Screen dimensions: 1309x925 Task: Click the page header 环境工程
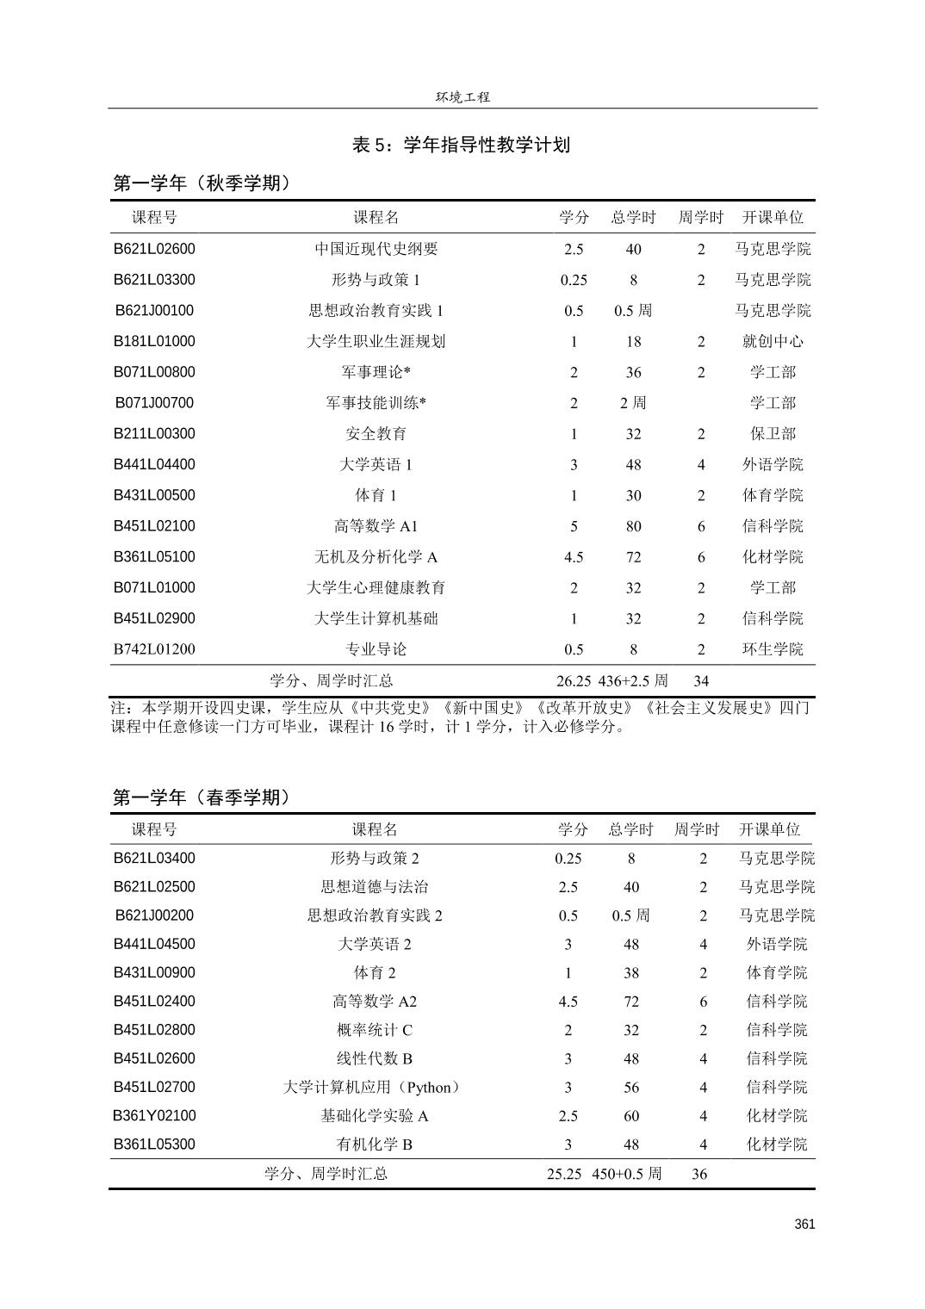[462, 97]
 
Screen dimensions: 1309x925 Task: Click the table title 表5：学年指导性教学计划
[461, 145]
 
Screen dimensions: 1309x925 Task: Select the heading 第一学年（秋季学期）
[202, 183]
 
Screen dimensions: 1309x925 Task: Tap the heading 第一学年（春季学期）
[202, 797]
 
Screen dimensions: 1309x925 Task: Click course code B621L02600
[155, 249]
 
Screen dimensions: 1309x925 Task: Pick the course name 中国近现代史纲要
[376, 249]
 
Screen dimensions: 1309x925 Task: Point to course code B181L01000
[155, 341]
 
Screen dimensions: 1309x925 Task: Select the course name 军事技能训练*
[376, 403]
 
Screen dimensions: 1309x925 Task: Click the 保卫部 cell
[773, 434]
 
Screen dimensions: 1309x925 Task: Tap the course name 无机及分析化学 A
[376, 557]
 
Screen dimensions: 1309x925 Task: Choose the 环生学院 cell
[773, 649]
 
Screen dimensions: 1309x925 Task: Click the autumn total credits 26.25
[574, 680]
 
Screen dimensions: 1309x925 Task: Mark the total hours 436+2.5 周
[633, 680]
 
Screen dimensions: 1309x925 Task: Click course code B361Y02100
[155, 1116]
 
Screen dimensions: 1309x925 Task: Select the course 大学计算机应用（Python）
[373, 1088]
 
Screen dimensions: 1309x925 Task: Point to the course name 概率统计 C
[375, 1030]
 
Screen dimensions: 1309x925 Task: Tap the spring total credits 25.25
[564, 1174]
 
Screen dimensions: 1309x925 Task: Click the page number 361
[804, 1225]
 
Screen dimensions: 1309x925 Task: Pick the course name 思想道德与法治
[375, 887]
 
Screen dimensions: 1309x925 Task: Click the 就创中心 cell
[773, 341]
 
